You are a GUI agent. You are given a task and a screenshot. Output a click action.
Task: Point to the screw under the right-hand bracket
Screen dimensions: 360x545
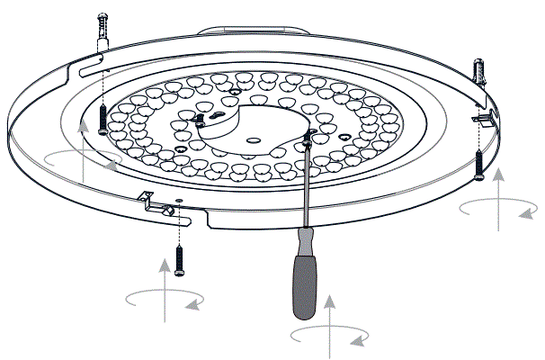pos(478,164)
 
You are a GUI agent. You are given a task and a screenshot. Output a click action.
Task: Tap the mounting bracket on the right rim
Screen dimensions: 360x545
pos(485,117)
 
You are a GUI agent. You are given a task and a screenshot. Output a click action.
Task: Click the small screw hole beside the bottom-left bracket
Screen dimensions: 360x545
pos(180,200)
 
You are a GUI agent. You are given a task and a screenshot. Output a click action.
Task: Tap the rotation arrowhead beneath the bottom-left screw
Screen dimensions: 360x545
pos(192,305)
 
